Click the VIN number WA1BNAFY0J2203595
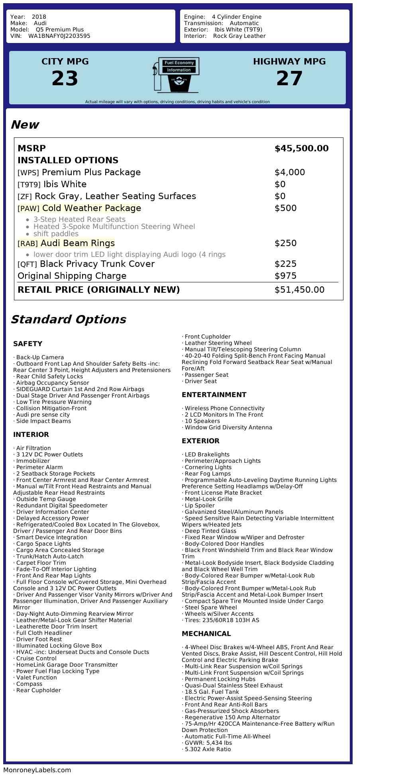[x=59, y=36]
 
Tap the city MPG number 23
[x=65, y=78]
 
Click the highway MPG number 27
[x=289, y=78]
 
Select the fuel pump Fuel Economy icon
[x=176, y=74]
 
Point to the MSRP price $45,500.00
[x=301, y=149]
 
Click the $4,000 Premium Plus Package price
[x=290, y=172]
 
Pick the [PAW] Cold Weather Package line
[x=79, y=208]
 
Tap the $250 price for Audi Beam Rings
[x=285, y=243]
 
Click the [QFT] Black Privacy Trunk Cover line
[x=86, y=264]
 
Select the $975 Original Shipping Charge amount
[x=285, y=276]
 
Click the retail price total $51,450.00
[x=299, y=290]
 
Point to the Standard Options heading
[x=68, y=319]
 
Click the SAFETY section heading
[x=27, y=344]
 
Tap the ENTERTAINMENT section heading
[x=214, y=395]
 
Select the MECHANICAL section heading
[x=206, y=634]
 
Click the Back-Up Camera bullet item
[x=40, y=357]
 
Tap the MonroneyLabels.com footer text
[x=37, y=770]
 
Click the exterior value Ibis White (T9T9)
[x=238, y=29]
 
